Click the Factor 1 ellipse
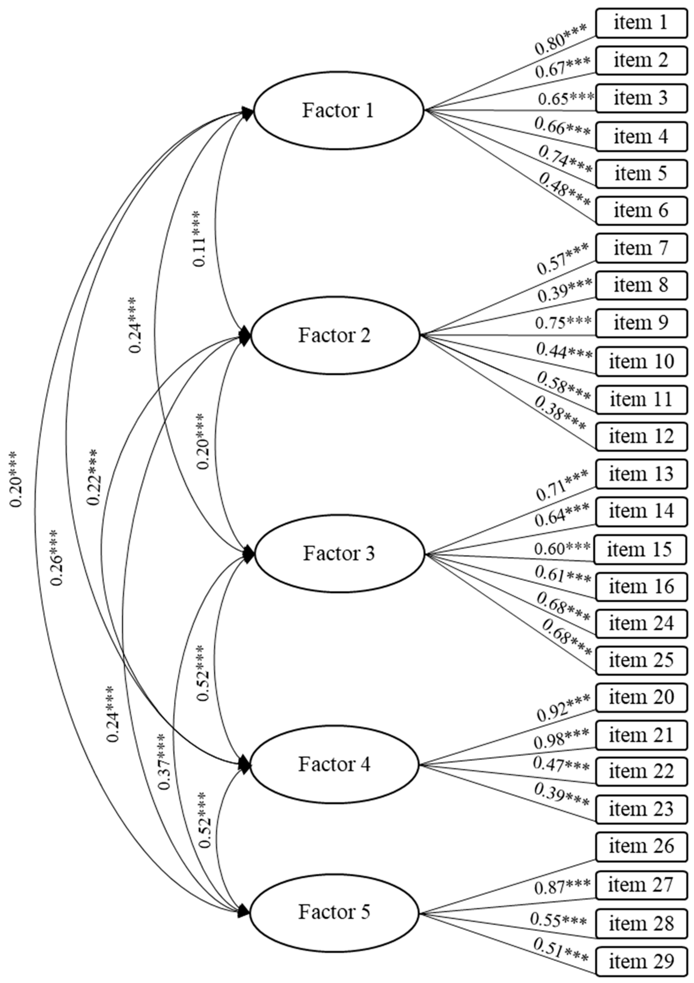[x=338, y=110]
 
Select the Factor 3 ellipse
[x=339, y=553]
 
